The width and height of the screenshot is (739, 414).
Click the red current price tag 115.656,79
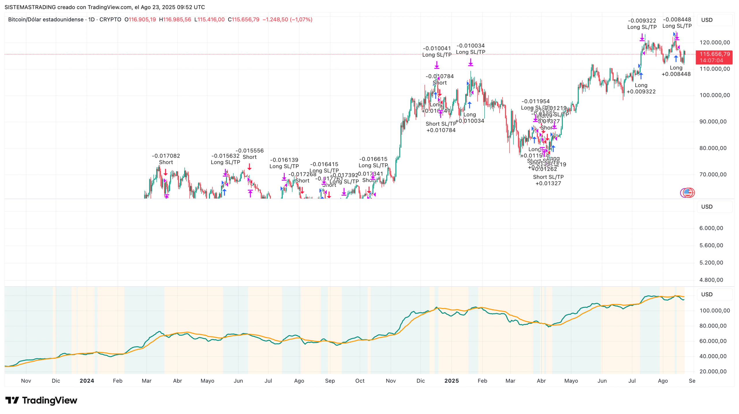coord(714,54)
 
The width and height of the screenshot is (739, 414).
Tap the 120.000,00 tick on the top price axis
coord(714,42)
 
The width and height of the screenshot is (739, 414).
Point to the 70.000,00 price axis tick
coord(713,174)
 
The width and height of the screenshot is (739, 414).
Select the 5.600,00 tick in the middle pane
coord(711,245)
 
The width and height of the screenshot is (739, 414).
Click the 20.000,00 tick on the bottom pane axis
coord(713,371)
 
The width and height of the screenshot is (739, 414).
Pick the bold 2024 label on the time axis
coord(87,381)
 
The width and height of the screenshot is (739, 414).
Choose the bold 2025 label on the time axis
coord(451,381)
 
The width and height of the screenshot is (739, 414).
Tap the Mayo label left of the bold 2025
coord(207,381)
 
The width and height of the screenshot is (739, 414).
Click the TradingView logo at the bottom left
coord(41,400)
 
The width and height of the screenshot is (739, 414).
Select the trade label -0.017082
coord(166,156)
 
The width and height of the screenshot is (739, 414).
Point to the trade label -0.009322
coord(642,20)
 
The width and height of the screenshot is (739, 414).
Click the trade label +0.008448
coord(676,74)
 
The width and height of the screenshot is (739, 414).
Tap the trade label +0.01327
coord(548,183)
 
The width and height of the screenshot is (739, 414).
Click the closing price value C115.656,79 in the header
coord(243,19)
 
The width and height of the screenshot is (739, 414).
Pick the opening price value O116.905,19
coord(140,19)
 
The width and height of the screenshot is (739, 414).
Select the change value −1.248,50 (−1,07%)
coord(287,19)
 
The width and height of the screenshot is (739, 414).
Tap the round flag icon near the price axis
coord(688,192)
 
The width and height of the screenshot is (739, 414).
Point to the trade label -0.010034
coord(471,46)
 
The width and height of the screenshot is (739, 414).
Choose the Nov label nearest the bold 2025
coord(391,381)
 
